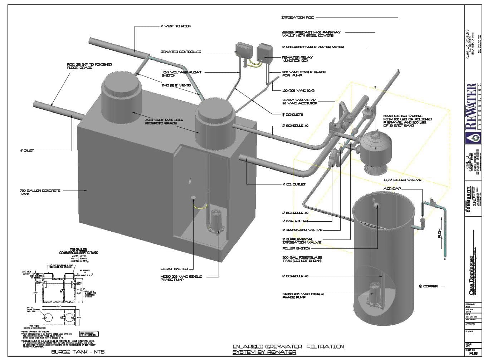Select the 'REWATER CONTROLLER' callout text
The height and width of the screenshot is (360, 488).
point(181,52)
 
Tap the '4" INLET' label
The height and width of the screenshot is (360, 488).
point(27,151)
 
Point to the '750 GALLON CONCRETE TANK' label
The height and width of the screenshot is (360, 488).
point(40,192)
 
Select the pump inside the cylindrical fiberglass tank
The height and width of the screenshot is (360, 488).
point(375,292)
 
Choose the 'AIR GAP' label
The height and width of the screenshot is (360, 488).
point(392,188)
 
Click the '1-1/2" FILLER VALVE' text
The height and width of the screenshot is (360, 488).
point(397,180)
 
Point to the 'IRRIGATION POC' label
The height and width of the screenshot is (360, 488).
point(298,17)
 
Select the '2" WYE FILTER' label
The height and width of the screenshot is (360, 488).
point(295,221)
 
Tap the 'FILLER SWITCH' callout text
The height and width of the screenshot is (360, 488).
point(296,248)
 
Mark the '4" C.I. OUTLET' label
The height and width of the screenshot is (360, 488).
point(294,184)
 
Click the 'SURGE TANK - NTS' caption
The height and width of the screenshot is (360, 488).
point(78,352)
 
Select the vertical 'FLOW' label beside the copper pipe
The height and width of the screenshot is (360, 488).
point(440,233)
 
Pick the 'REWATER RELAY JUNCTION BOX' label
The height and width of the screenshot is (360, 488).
point(297,59)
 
